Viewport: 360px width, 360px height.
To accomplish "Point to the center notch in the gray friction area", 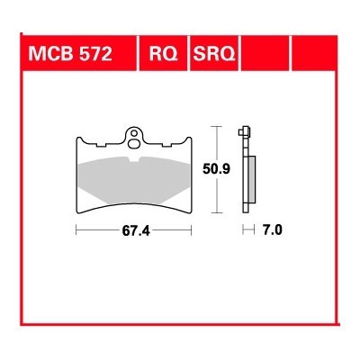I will click(x=136, y=159).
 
